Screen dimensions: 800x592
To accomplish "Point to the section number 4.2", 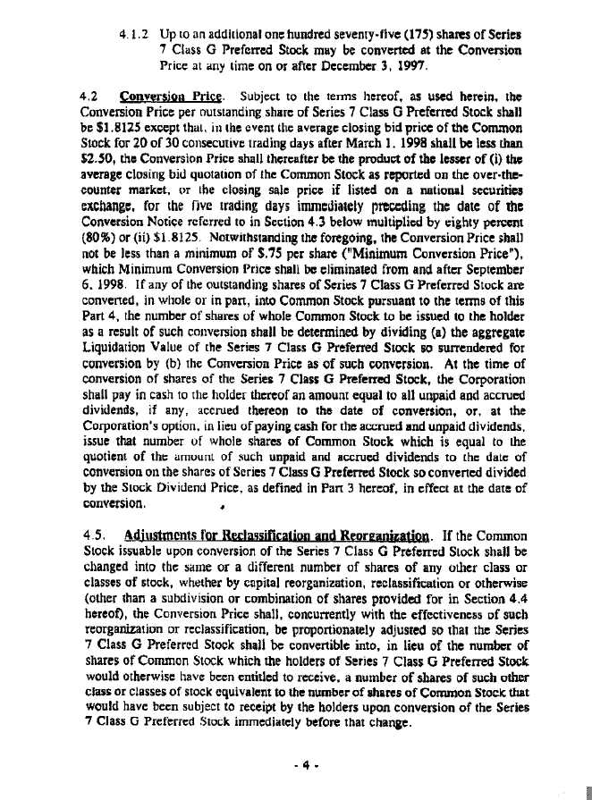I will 89,96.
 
